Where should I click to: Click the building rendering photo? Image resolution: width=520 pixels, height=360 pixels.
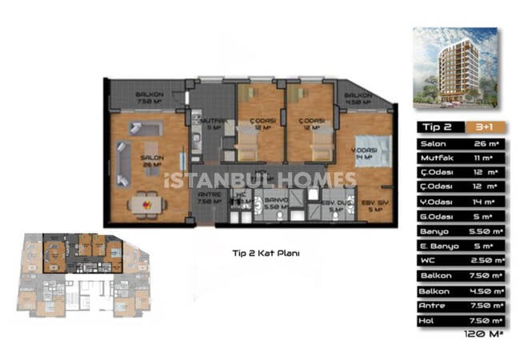[x=454, y=68]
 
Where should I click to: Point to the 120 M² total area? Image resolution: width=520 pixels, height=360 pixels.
[x=482, y=335]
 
